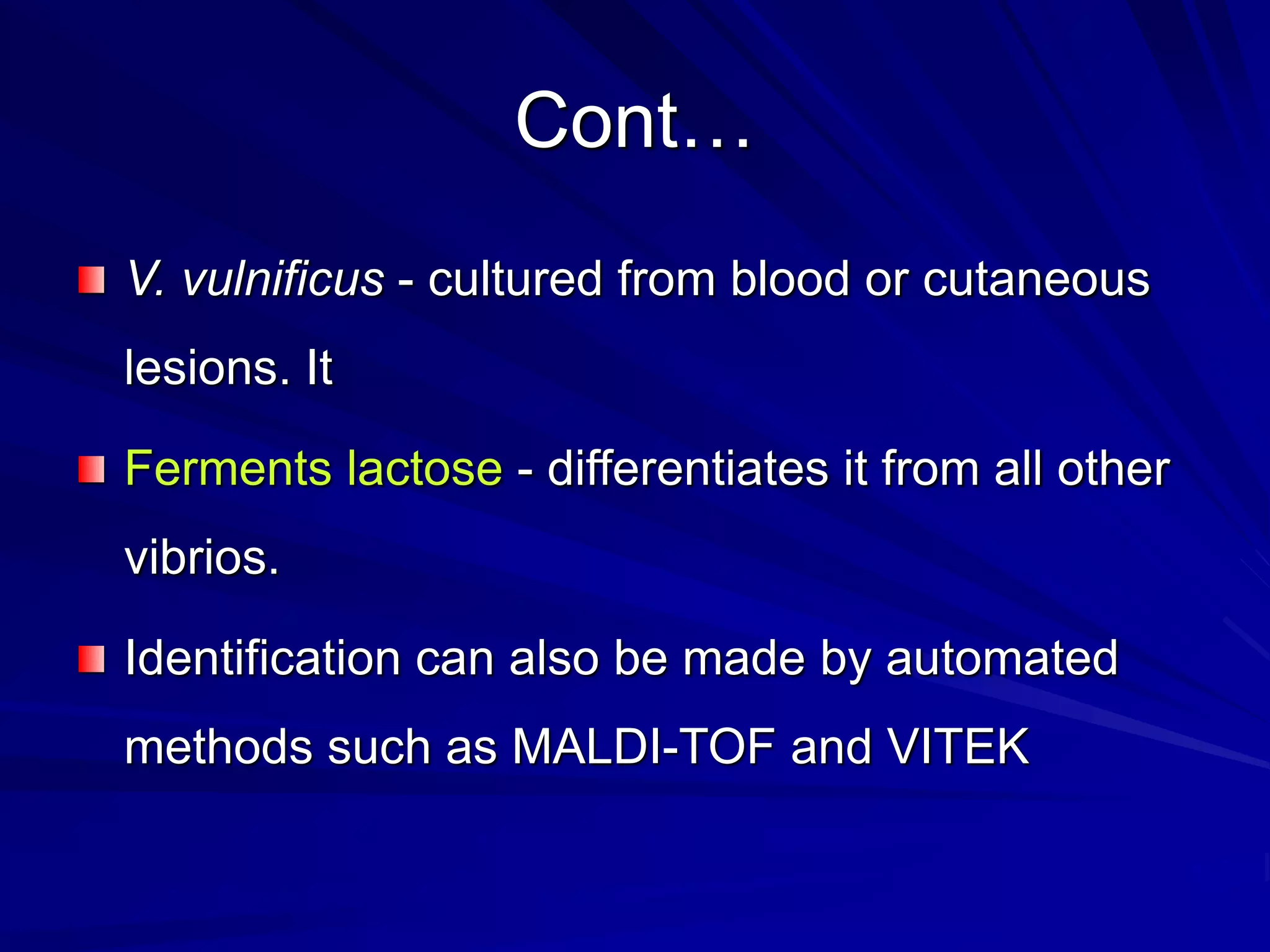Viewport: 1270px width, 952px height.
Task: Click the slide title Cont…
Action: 633,121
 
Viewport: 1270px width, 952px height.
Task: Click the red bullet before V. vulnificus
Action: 91,280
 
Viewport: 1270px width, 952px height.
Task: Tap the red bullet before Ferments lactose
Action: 91,469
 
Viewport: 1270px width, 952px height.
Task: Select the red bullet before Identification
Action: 91,659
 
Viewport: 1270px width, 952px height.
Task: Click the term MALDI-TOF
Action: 643,747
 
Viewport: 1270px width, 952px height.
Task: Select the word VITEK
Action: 958,747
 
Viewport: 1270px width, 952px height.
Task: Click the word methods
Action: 218,747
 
